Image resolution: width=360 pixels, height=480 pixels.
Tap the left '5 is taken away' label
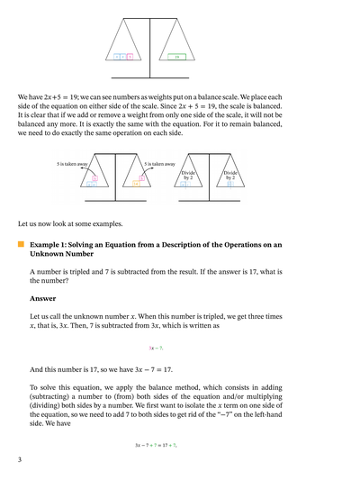72,164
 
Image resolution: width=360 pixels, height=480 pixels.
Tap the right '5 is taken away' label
159,164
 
